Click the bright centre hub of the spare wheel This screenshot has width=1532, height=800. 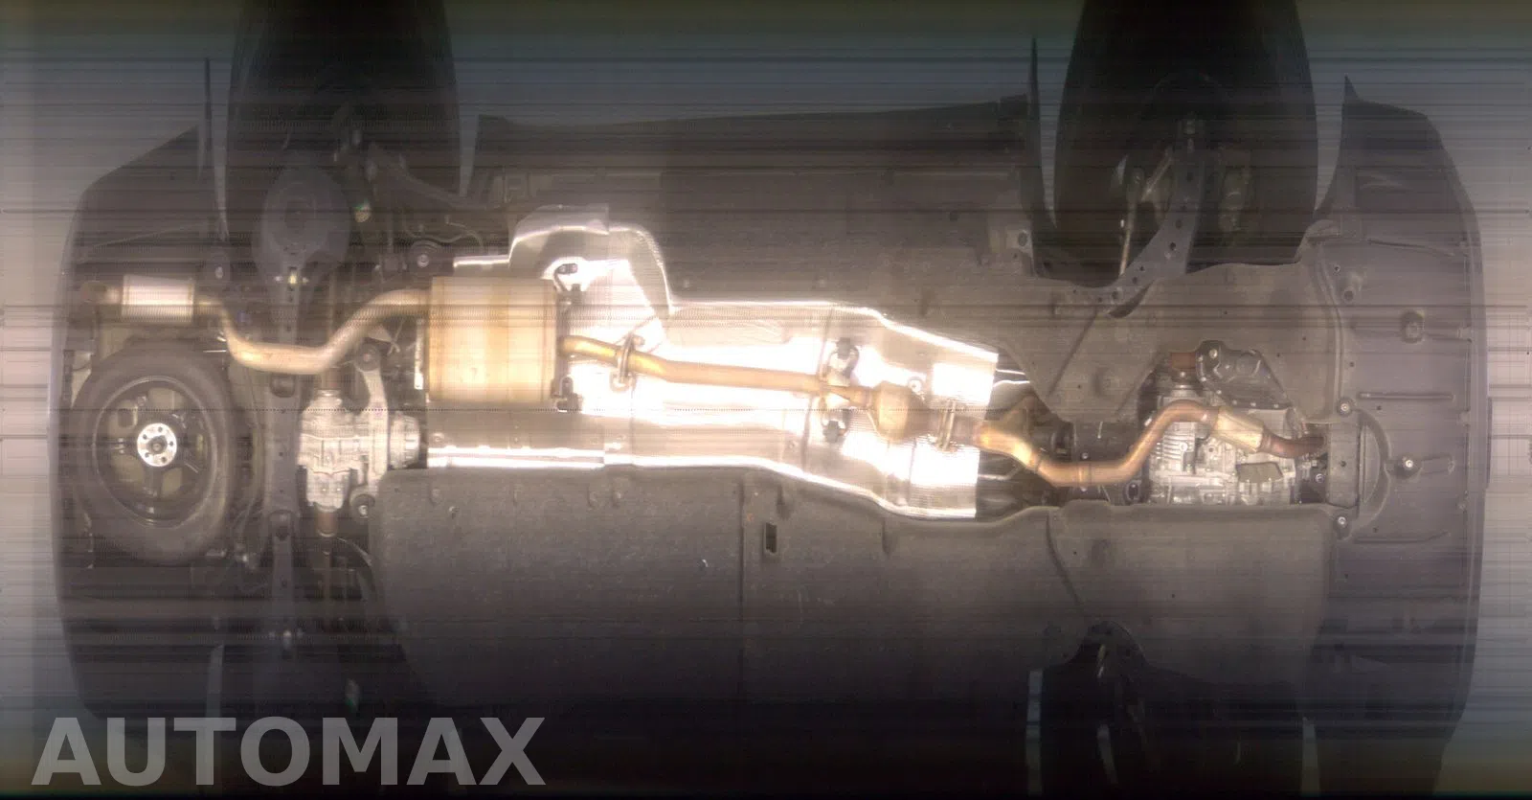pyautogui.click(x=157, y=445)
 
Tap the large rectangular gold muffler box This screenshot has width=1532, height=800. pyautogui.click(x=492, y=341)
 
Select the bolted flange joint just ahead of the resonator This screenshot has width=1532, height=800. pyautogui.click(x=947, y=424)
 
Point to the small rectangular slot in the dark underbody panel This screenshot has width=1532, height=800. pyautogui.click(x=770, y=537)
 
